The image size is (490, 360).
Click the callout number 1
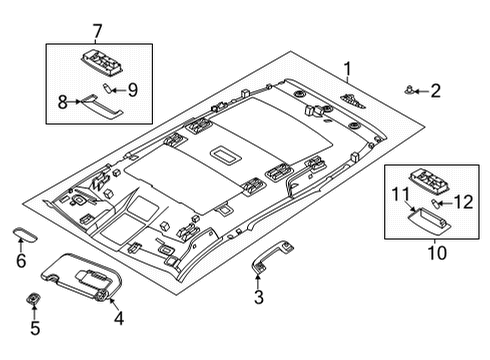tap(347, 69)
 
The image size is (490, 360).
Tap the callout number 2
tap(435, 92)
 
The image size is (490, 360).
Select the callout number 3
tap(258, 298)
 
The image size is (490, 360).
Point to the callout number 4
tap(119, 319)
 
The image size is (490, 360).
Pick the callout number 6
tap(21, 262)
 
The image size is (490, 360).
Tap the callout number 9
tap(132, 89)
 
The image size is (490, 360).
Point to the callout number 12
tap(463, 204)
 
